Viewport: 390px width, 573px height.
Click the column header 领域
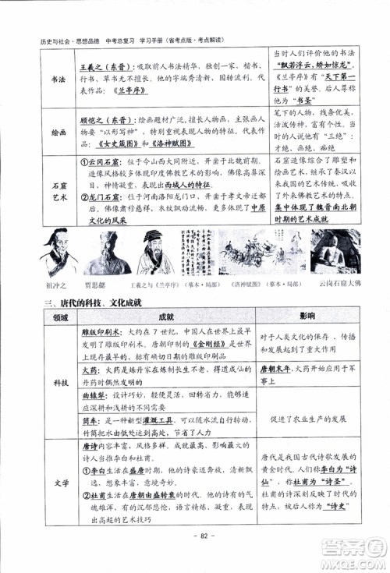pyautogui.click(x=60, y=317)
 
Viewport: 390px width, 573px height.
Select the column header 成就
pyautogui.click(x=166, y=317)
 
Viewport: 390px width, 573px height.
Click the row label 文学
pyautogui.click(x=60, y=483)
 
